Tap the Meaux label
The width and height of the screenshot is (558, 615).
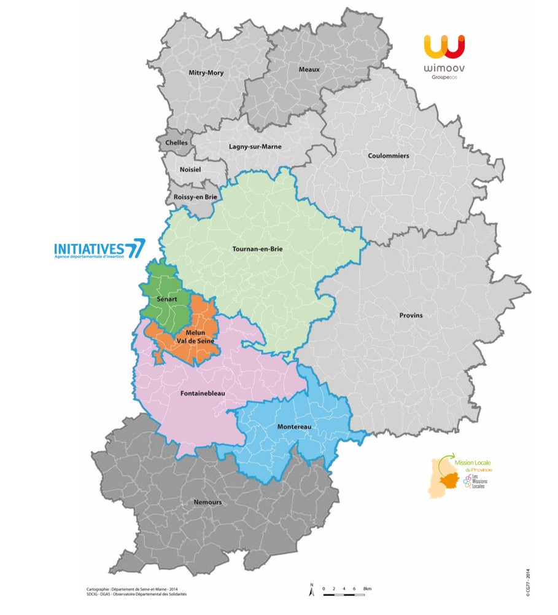point(309,69)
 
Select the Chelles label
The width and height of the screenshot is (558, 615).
point(177,143)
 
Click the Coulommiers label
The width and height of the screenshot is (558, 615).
point(388,155)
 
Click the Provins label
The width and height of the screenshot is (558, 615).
point(411,315)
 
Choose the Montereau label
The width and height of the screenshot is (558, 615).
point(294,426)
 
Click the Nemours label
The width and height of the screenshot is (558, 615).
point(207,502)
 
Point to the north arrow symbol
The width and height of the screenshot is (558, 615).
point(312,590)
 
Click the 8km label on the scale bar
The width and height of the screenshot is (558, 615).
point(367,589)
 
